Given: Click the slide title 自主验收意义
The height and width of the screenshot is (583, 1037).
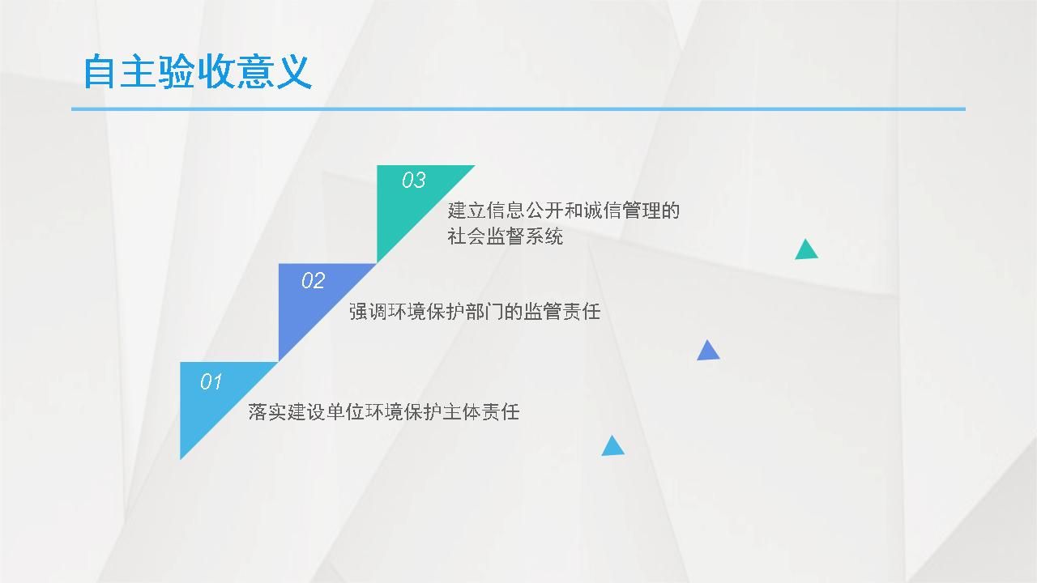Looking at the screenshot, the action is pyautogui.click(x=197, y=72).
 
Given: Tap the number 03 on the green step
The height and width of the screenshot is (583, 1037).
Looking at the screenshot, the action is pyautogui.click(x=413, y=180).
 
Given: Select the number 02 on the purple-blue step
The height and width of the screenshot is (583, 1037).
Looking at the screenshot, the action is pyautogui.click(x=313, y=280).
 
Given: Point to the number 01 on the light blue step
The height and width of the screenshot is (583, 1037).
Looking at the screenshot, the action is pyautogui.click(x=211, y=381).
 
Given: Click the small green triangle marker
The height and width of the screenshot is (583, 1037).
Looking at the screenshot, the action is pyautogui.click(x=806, y=251).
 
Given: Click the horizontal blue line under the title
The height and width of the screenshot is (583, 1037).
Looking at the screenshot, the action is pyautogui.click(x=518, y=109).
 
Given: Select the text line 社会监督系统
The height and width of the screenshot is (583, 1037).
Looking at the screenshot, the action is pyautogui.click(x=505, y=236).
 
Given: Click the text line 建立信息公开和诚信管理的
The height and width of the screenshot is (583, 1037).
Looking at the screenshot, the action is pyautogui.click(x=563, y=211).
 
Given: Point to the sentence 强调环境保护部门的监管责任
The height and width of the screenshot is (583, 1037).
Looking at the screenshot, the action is pyautogui.click(x=475, y=312).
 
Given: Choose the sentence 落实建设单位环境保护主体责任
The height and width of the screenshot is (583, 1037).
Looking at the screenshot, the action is pyautogui.click(x=384, y=412).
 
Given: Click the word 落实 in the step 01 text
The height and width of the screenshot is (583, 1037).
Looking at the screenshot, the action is pyautogui.click(x=267, y=412).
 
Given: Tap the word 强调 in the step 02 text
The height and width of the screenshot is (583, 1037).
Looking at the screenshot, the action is pyautogui.click(x=368, y=312).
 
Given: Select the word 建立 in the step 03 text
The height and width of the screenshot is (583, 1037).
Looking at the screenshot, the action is pyautogui.click(x=466, y=211).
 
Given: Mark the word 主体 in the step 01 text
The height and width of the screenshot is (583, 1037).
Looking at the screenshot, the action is pyautogui.click(x=462, y=412).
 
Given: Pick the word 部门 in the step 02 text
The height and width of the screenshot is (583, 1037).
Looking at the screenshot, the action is pyautogui.click(x=484, y=312).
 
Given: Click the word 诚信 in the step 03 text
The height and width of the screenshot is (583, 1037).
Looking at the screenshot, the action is pyautogui.click(x=602, y=211).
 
